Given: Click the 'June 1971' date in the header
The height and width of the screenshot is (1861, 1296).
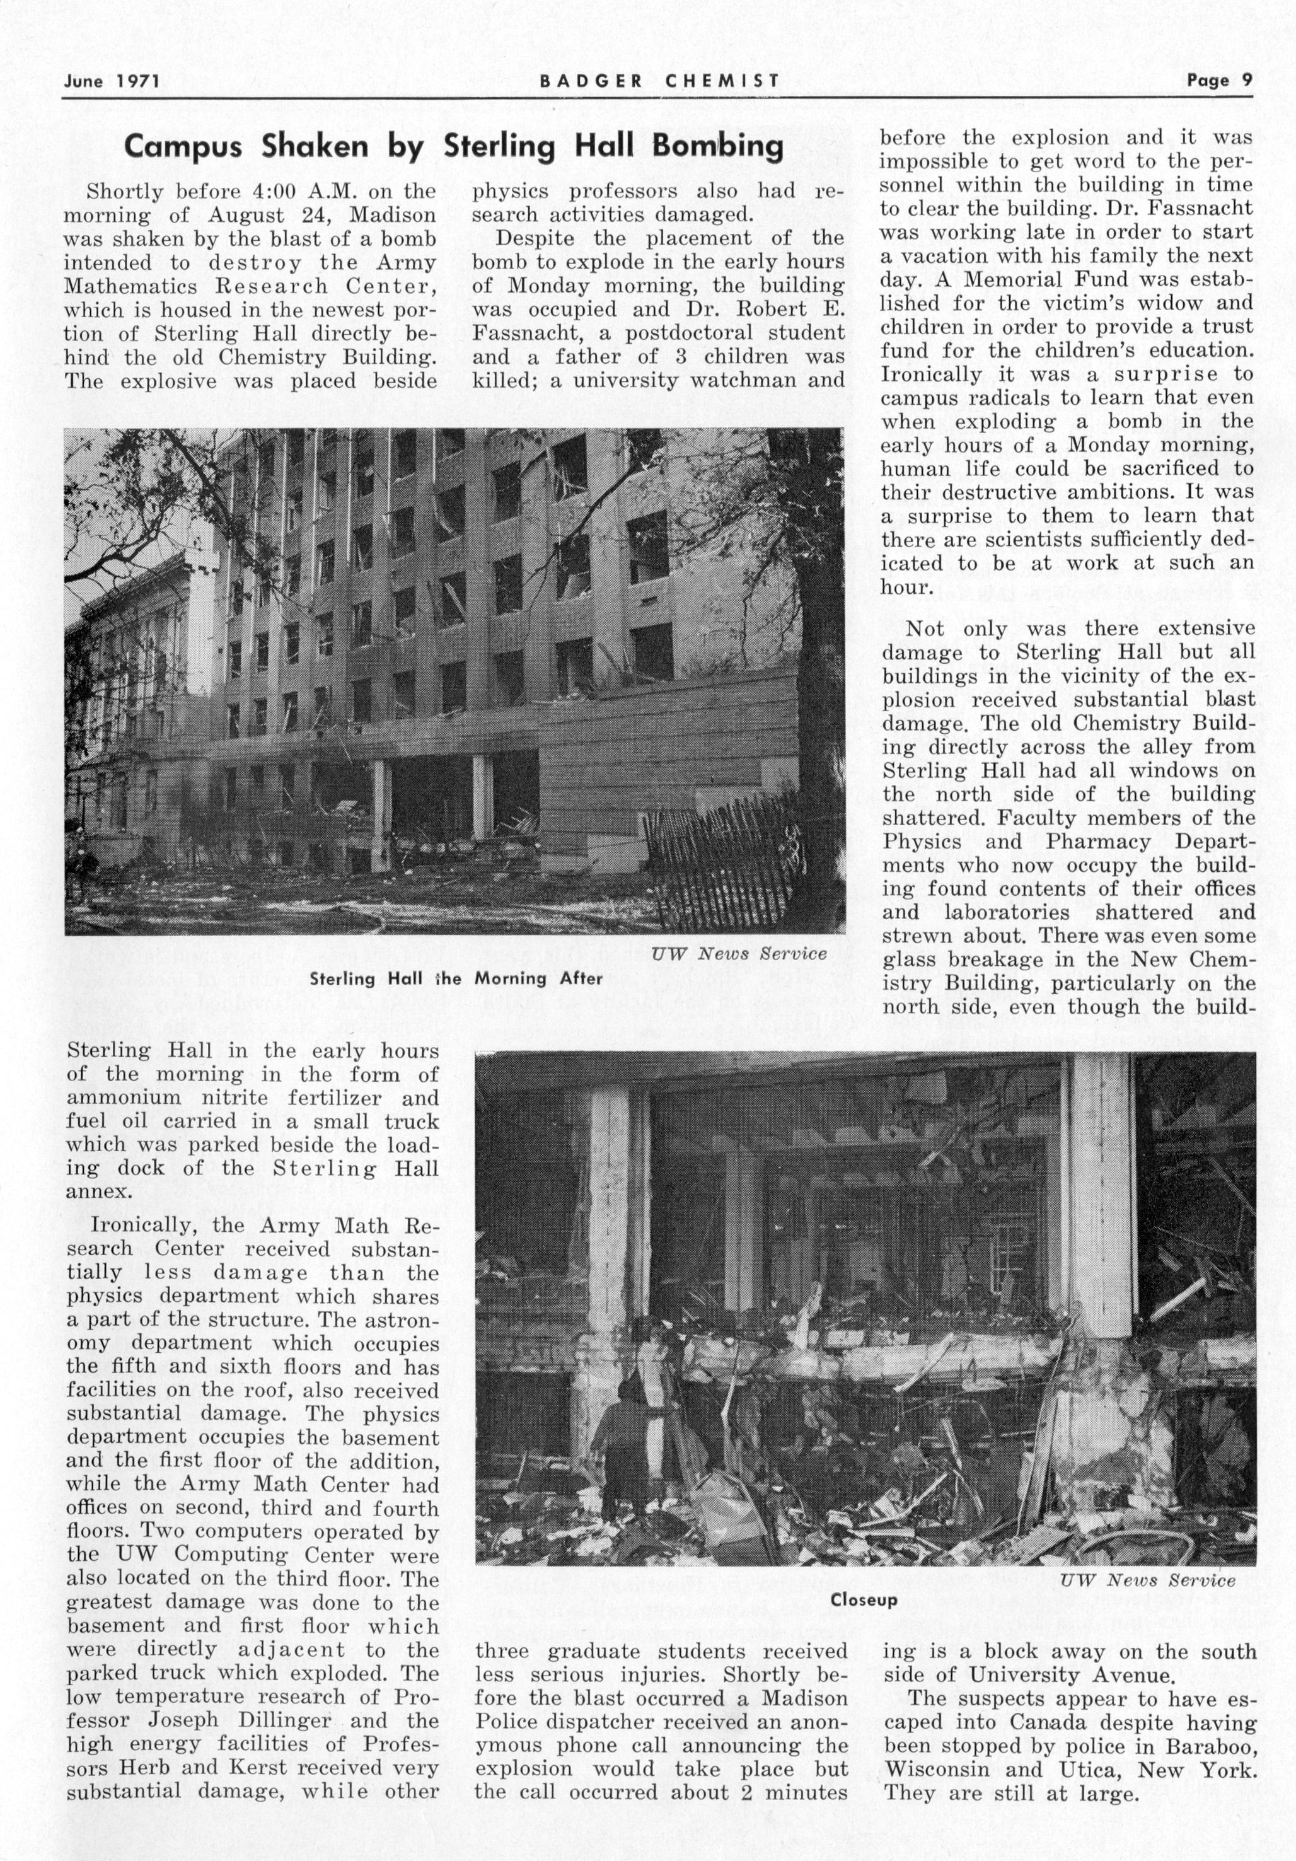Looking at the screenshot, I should (112, 81).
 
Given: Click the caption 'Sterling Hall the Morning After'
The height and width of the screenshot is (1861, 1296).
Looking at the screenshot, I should (456, 979).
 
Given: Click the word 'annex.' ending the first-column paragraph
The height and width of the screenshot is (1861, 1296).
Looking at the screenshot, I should (98, 1191).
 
